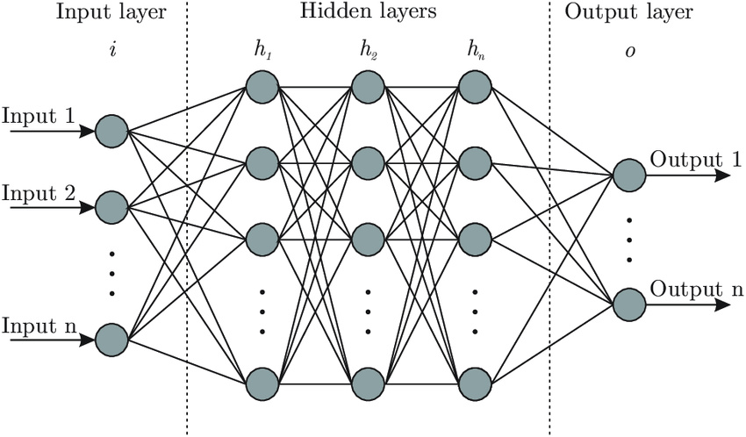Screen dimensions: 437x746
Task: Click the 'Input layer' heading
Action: click(x=111, y=12)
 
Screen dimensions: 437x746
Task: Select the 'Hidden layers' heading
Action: click(x=368, y=12)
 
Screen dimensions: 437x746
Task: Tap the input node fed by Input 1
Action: click(x=111, y=131)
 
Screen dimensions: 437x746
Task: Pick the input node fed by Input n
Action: click(x=111, y=338)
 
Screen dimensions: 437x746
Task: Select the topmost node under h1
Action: click(x=262, y=86)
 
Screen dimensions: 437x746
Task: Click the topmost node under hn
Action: click(x=475, y=86)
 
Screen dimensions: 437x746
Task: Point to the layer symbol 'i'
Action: click(x=111, y=50)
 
